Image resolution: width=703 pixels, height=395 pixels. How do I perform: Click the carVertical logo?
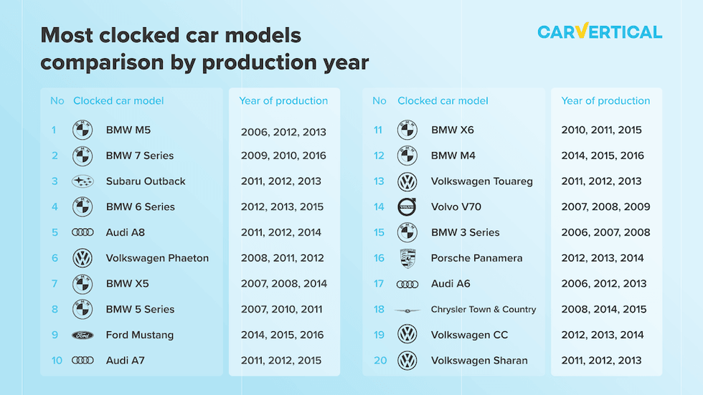click(600, 32)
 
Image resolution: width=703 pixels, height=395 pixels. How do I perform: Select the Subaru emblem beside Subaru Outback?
click(82, 181)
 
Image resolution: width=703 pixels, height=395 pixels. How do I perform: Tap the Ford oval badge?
click(82, 335)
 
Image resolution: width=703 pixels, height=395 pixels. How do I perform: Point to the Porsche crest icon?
click(407, 258)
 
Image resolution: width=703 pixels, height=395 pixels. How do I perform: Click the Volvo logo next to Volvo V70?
click(407, 207)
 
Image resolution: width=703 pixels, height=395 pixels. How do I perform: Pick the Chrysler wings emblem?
click(407, 310)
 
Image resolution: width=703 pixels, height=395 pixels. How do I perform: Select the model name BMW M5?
click(128, 130)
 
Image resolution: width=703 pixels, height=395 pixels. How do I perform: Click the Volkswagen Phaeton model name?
click(157, 258)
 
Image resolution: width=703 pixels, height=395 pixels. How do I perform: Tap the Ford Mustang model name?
click(140, 335)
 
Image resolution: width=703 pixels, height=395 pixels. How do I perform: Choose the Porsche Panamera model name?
click(476, 258)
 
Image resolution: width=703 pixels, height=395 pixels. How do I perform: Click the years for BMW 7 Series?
click(283, 156)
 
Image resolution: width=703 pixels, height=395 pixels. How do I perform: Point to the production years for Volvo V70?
click(605, 207)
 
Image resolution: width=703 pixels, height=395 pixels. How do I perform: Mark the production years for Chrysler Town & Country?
click(604, 310)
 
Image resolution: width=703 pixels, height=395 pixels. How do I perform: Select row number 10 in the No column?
click(57, 361)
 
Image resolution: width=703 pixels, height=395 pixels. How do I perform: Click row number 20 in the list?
click(380, 361)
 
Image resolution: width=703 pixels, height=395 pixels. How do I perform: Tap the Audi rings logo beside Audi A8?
click(82, 232)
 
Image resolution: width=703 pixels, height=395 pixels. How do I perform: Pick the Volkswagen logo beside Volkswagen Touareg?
click(407, 182)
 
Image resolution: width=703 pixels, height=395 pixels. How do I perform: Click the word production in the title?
click(260, 62)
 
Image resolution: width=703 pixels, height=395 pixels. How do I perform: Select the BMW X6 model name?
click(453, 130)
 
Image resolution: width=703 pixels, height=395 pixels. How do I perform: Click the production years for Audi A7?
click(281, 361)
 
